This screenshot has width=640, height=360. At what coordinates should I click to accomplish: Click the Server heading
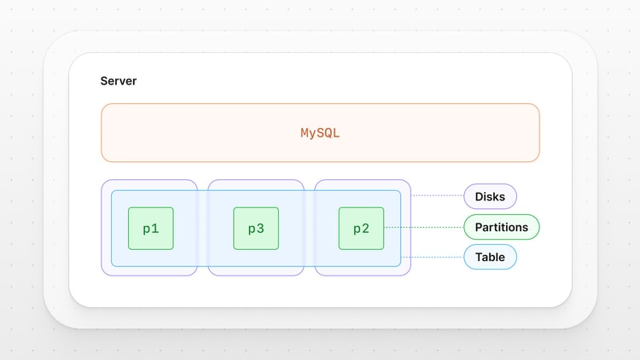point(119,81)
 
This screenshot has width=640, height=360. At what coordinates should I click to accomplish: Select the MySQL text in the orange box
point(320,133)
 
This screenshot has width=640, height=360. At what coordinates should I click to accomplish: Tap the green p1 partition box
point(151,229)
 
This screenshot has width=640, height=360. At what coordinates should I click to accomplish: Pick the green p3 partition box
point(256,229)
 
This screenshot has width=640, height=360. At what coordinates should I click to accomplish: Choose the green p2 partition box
point(361,229)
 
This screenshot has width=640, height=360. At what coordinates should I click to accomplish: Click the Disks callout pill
point(490,196)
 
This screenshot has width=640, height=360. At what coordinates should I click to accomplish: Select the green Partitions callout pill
point(501,227)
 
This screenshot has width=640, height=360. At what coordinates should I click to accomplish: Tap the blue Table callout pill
point(490,257)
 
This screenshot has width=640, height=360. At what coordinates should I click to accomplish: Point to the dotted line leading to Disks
point(437,196)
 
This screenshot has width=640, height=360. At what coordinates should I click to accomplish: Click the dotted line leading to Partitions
point(423,227)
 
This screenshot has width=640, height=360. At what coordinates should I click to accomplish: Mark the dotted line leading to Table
point(432,257)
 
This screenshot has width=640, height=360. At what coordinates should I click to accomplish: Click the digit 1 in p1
point(155,229)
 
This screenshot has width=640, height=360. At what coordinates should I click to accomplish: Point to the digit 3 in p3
point(260,229)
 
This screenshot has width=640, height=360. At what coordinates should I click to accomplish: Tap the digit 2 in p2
point(365,229)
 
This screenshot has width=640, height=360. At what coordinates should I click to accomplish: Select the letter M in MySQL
point(305,133)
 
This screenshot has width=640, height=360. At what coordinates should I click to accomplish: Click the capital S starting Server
point(104,81)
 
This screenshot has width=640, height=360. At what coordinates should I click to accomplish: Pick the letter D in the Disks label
point(479,197)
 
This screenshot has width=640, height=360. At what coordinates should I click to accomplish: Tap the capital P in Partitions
point(479,227)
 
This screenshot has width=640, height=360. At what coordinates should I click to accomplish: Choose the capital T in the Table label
point(478,257)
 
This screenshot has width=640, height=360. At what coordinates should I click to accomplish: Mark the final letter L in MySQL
point(336,133)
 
